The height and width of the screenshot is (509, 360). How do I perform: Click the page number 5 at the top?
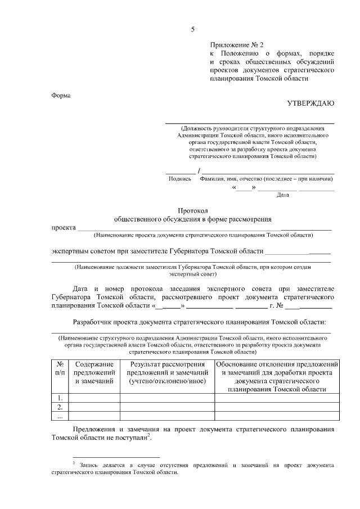pyautogui.click(x=193, y=29)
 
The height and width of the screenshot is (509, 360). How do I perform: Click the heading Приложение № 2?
pyautogui.click(x=236, y=44)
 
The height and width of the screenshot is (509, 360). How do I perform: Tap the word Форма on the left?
pyautogui.click(x=61, y=95)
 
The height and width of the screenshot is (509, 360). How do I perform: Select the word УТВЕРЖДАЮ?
pyautogui.click(x=311, y=103)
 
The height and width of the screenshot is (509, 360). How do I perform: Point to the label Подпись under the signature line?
pyautogui.click(x=180, y=179)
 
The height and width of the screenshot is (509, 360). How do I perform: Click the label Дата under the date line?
pyautogui.click(x=283, y=195)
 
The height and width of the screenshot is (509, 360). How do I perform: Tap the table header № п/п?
pyautogui.click(x=60, y=368)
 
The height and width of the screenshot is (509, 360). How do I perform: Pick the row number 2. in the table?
pyautogui.click(x=60, y=407)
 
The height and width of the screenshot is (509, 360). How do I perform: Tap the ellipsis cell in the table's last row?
pyautogui.click(x=60, y=416)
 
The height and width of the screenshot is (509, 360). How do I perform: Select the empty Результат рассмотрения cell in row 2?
pyautogui.click(x=167, y=407)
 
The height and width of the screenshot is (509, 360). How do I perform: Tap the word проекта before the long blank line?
pyautogui.click(x=63, y=228)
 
